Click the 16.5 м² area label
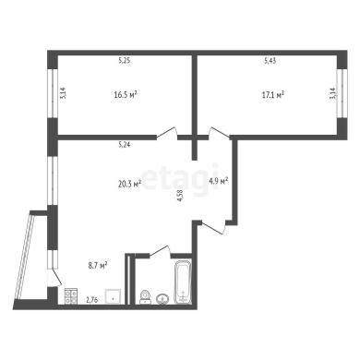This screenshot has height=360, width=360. (x=126, y=94)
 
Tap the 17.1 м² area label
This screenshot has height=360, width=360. (x=272, y=95)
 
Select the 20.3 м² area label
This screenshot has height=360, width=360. (x=129, y=184)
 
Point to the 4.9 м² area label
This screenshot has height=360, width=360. (x=219, y=180)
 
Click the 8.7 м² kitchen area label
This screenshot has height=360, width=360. (x=98, y=265)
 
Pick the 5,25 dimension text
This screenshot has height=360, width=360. (x=125, y=61)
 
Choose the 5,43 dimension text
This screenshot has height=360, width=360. (x=270, y=61)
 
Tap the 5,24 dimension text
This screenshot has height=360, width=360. (x=125, y=145)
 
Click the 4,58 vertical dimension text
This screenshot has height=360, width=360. (x=181, y=195)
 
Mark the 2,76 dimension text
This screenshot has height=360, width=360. (x=92, y=300)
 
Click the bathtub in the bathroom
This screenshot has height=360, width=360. (x=183, y=282)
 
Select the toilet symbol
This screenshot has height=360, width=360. (x=145, y=297)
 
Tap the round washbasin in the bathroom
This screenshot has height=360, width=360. (x=162, y=299)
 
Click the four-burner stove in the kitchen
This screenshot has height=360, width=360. (x=71, y=296)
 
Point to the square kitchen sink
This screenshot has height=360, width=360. (x=114, y=296)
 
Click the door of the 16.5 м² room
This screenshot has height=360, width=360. (x=167, y=133)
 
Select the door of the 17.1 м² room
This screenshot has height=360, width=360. (x=219, y=133)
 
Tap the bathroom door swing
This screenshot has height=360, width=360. (x=160, y=250)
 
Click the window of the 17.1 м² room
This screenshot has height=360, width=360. (x=341, y=93)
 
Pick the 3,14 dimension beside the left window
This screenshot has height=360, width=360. (x=63, y=93)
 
